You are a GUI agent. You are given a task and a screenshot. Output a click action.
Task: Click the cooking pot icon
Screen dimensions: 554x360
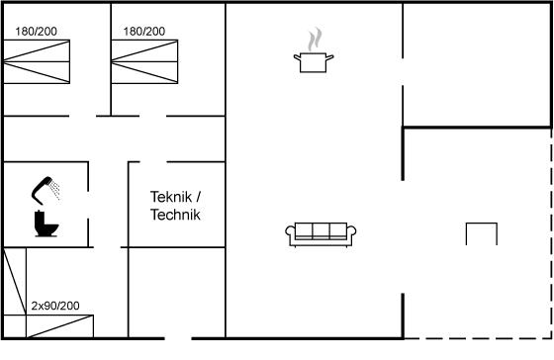314,62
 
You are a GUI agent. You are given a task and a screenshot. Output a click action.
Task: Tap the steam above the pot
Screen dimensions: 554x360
315,39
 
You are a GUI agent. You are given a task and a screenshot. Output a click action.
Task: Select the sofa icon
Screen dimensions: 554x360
321,234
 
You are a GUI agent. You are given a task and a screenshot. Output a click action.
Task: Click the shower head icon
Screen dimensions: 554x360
46,190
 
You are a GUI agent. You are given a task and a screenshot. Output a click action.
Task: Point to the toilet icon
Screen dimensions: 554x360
46,224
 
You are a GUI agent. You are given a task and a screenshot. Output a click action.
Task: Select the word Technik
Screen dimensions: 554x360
175,215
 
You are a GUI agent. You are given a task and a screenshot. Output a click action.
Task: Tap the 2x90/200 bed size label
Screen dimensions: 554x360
55,306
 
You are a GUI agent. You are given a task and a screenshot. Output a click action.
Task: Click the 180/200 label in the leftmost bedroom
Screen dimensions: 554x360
36,32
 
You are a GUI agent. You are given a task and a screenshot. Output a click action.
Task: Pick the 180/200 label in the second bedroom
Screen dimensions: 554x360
144,32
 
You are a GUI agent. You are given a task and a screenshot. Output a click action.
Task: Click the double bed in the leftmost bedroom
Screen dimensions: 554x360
37,62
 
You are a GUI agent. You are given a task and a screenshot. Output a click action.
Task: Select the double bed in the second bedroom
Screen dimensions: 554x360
144,62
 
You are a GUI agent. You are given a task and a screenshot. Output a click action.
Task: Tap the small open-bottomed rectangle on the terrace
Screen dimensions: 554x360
482,224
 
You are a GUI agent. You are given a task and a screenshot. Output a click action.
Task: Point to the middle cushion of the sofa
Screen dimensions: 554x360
321,230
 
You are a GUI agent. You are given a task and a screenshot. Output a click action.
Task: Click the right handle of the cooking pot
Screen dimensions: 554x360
329,57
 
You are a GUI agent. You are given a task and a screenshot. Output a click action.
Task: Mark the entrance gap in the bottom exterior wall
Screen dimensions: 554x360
178,338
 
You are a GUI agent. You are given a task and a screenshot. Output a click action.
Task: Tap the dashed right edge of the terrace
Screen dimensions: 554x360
551,233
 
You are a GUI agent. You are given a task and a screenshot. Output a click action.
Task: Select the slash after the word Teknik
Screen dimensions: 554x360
198,197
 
